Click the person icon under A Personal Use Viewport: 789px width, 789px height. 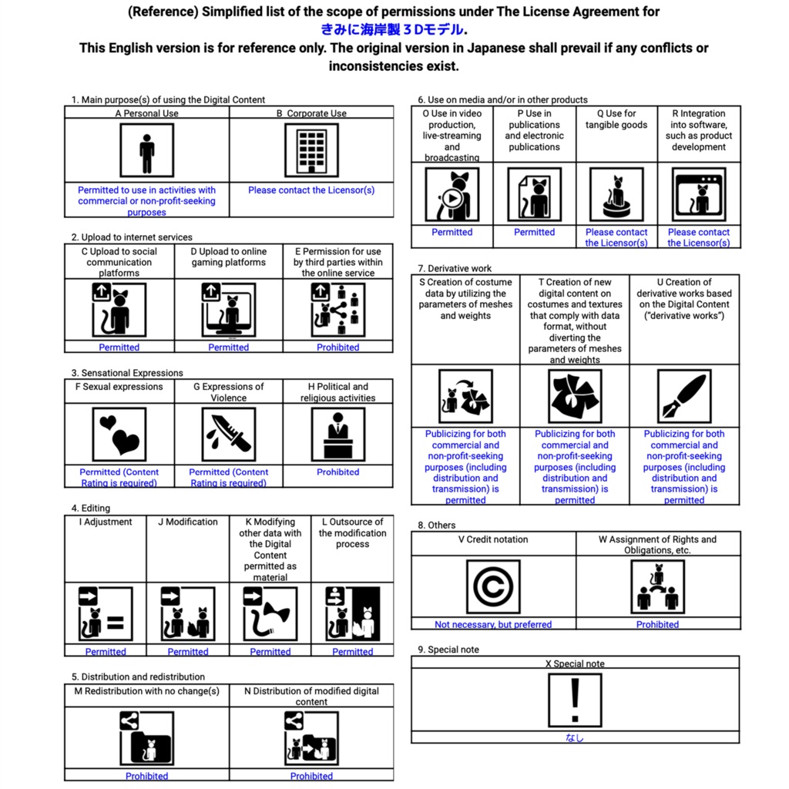[146, 150]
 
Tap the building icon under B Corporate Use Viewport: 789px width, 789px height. [311, 150]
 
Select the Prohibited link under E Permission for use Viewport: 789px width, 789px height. [337, 347]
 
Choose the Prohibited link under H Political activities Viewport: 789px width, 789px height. [337, 472]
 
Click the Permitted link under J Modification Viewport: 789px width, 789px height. [188, 652]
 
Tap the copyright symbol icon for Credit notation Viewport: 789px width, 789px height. [493, 587]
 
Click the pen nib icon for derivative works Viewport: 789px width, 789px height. [684, 396]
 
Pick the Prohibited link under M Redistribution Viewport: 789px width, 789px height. [146, 776]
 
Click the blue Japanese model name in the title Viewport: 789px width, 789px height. [393, 30]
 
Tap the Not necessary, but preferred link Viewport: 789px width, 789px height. [493, 625]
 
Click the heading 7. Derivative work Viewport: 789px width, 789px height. [455, 268]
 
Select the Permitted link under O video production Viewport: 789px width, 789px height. [452, 232]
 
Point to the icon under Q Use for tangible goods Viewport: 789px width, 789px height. [616, 194]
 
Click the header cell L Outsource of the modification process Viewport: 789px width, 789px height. [352, 533]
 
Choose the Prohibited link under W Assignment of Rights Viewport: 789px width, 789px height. [657, 625]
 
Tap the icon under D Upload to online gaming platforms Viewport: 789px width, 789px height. [229, 310]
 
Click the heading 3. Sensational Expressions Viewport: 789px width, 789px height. [127, 373]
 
